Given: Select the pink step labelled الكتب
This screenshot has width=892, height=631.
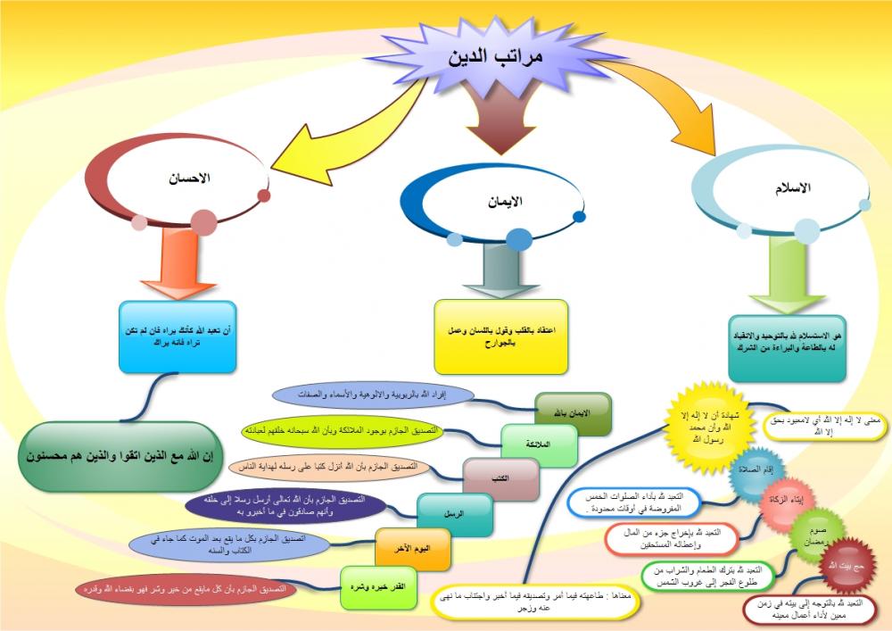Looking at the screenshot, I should point(500,478).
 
